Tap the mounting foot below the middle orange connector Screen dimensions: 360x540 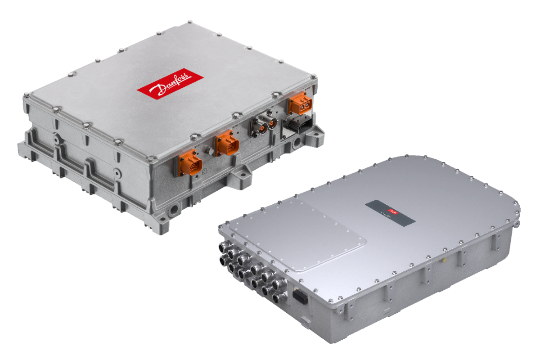[240, 172]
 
